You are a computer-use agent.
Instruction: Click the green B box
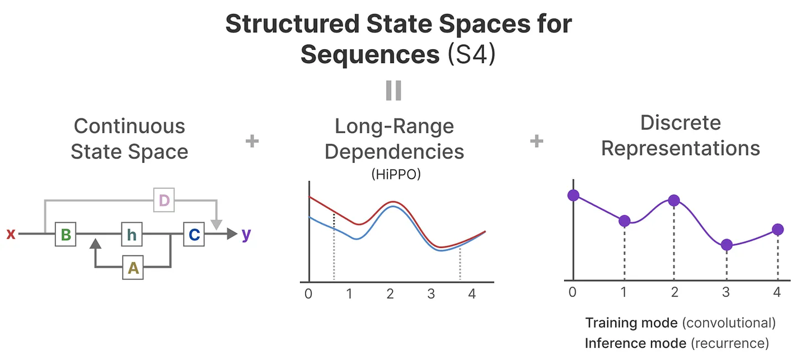pyautogui.click(x=65, y=235)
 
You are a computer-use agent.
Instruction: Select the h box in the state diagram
pyautogui.click(x=132, y=235)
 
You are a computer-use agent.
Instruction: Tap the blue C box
pyautogui.click(x=194, y=235)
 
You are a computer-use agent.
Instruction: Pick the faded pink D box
pyautogui.click(x=163, y=200)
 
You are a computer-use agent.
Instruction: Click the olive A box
pyautogui.click(x=133, y=269)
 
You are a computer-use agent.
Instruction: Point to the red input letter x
pyautogui.click(x=11, y=235)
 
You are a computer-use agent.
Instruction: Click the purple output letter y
pyautogui.click(x=246, y=235)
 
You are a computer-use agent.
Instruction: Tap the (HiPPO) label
pyautogui.click(x=395, y=174)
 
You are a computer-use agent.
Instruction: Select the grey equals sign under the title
pyautogui.click(x=393, y=90)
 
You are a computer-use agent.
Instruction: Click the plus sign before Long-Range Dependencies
pyautogui.click(x=252, y=141)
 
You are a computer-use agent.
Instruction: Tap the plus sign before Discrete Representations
pyautogui.click(x=536, y=141)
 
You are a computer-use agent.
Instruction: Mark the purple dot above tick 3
pyautogui.click(x=727, y=245)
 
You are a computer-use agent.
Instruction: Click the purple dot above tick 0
pyautogui.click(x=573, y=195)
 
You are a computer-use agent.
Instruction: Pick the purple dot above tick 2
pyautogui.click(x=674, y=200)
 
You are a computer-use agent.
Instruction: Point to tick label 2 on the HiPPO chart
pyautogui.click(x=390, y=293)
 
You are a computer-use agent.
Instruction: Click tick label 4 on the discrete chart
pyautogui.click(x=777, y=292)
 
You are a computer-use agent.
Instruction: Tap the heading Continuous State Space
pyautogui.click(x=129, y=138)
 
